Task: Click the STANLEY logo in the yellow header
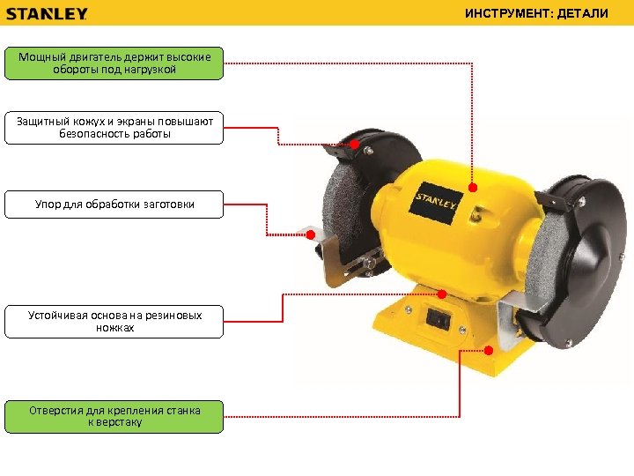coord(47,14)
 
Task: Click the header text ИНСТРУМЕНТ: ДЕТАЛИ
coord(536,13)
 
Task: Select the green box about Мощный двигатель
coord(114,63)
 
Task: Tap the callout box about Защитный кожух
coord(114,128)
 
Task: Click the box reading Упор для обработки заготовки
coord(114,205)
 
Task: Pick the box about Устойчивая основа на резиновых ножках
coord(114,322)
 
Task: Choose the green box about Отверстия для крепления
coord(114,417)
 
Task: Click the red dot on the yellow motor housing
coord(473,188)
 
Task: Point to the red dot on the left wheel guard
coord(355,144)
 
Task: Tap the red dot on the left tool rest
coord(311,234)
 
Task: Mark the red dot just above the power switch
coord(442,294)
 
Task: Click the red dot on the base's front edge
coord(489,350)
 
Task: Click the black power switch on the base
coord(438,318)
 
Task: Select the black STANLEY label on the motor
coord(436,204)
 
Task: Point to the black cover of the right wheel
coord(582,263)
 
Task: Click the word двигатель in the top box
coord(94,56)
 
